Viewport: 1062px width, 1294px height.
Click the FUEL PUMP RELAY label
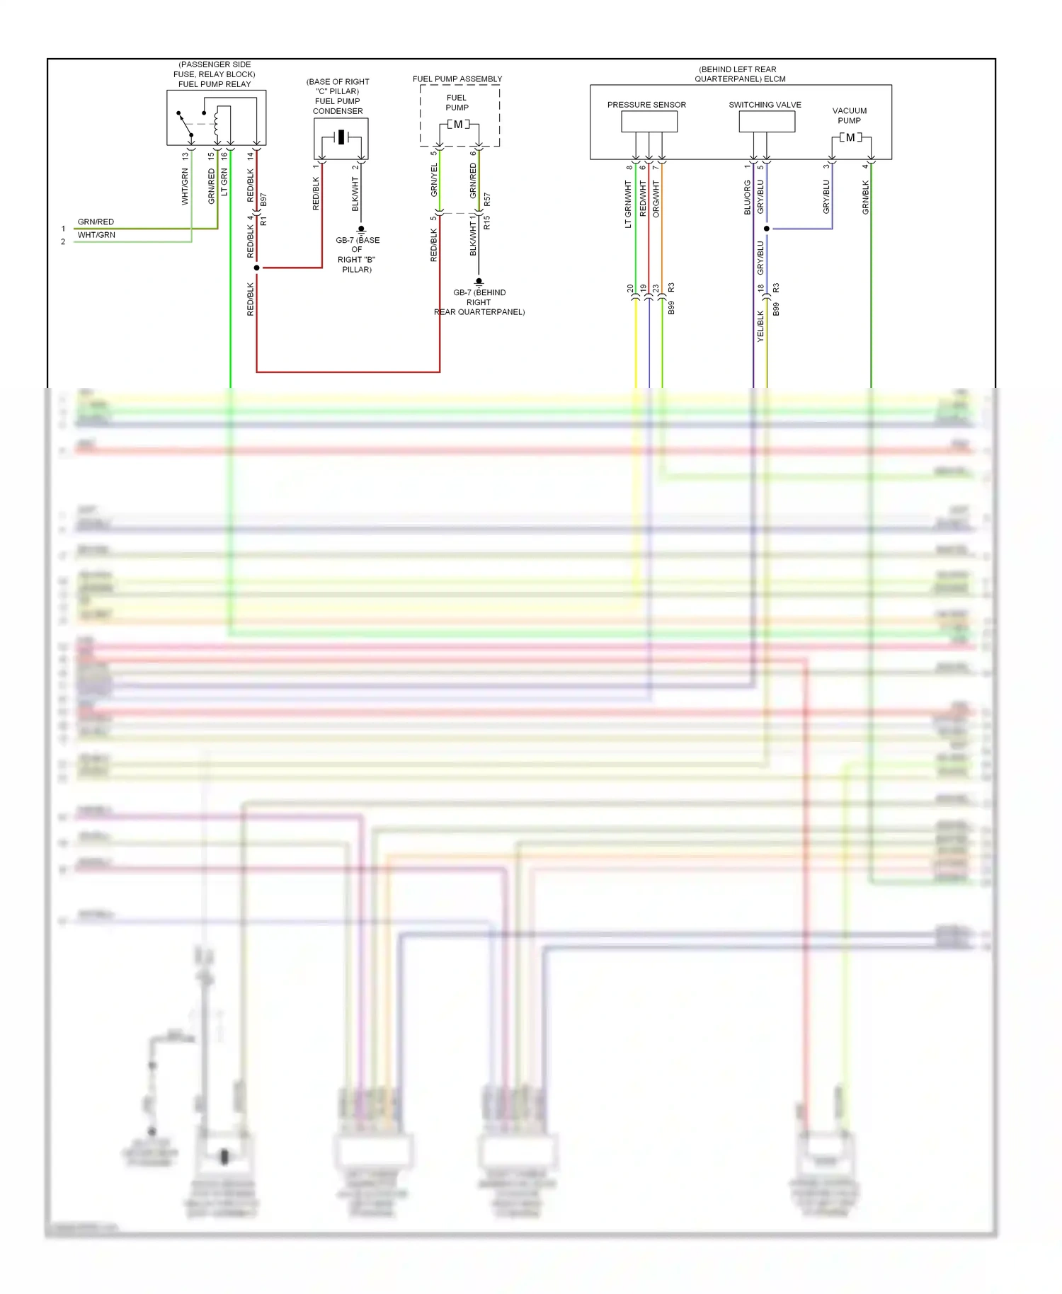point(215,84)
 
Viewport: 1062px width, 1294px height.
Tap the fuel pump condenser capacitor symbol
point(341,137)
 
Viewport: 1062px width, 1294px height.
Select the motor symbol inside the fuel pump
point(458,125)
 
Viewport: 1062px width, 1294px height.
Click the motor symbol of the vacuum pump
point(850,138)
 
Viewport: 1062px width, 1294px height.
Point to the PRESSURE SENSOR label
point(646,105)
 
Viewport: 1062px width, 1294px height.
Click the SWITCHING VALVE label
point(765,105)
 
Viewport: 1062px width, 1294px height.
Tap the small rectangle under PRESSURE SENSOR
point(649,122)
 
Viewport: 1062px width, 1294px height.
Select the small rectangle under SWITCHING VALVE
point(767,122)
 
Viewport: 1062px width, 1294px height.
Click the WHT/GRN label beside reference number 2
point(96,235)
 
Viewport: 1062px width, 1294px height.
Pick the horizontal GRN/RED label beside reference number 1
point(96,222)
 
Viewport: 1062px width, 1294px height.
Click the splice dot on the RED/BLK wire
point(256,268)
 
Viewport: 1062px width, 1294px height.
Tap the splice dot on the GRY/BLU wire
point(767,229)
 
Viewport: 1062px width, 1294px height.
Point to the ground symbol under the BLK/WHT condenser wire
point(361,229)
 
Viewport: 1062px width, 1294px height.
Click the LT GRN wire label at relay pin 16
point(224,182)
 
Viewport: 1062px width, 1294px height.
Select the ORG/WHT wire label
point(656,198)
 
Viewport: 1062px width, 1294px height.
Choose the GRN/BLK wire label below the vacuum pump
point(865,197)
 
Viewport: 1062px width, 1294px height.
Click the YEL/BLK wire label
point(761,326)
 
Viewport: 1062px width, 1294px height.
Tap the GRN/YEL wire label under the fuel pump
point(434,180)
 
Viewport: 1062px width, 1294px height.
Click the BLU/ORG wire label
point(747,197)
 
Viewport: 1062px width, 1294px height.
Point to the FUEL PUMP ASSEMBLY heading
point(457,79)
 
